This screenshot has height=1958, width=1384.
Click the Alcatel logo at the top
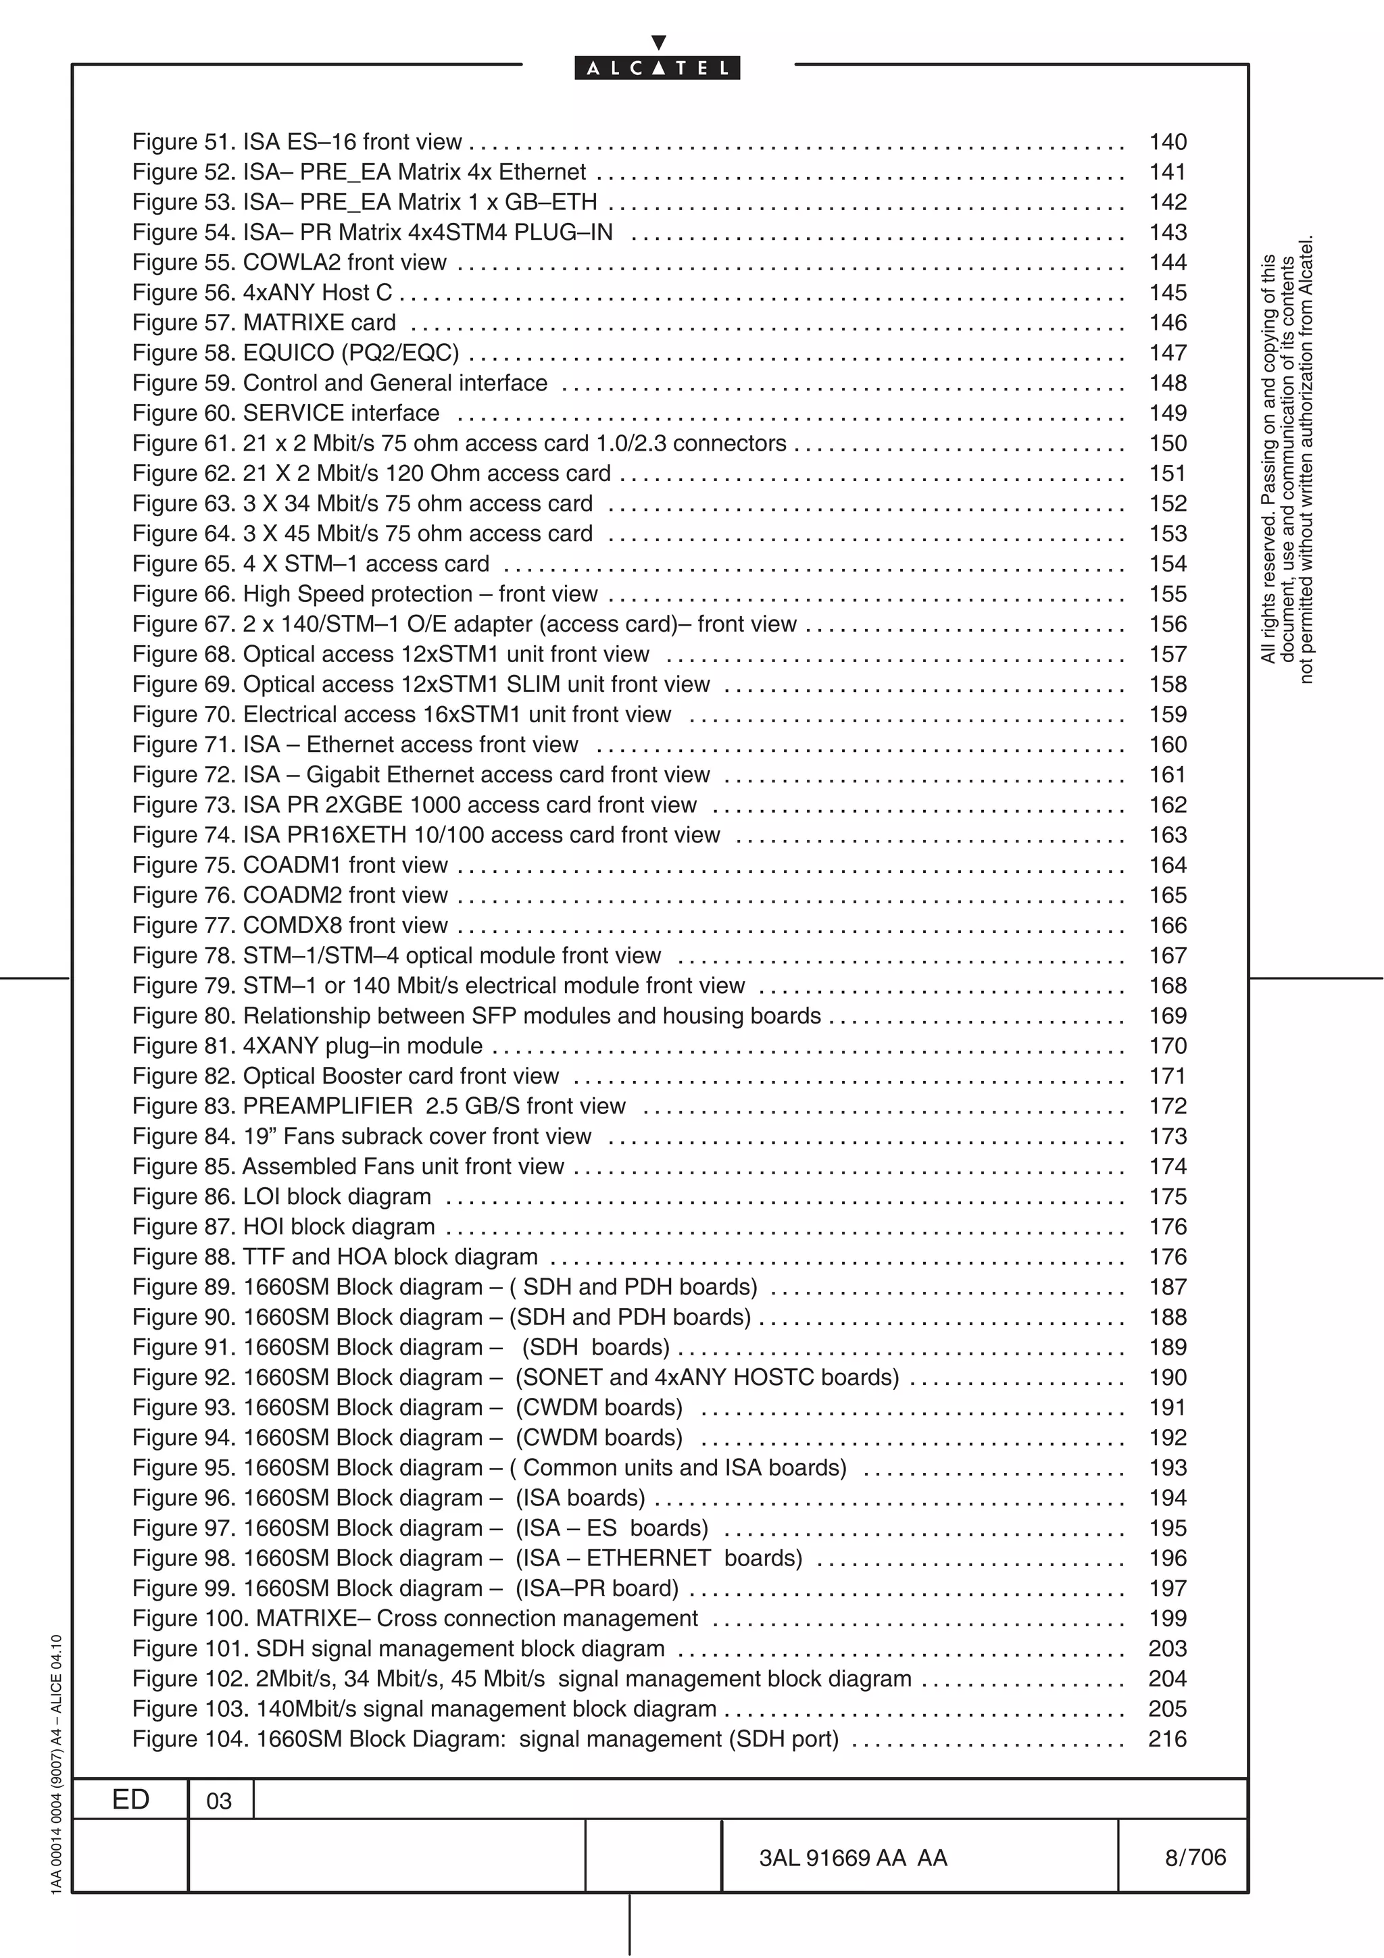tap(657, 68)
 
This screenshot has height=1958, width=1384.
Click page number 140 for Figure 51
tap(1167, 143)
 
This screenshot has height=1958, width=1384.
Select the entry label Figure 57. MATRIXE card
tap(264, 323)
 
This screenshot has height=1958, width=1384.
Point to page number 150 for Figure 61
tap(1167, 443)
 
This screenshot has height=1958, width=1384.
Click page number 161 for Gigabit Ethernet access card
tap(1167, 775)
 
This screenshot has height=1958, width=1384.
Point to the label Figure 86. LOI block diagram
tap(281, 1197)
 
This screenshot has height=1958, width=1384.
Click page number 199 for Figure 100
tap(1167, 1620)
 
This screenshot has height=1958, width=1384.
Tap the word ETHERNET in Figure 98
tap(648, 1559)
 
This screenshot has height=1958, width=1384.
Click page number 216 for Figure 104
tap(1167, 1740)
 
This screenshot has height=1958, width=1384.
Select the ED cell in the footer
tap(130, 1800)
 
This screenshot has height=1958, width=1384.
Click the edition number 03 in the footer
tap(219, 1802)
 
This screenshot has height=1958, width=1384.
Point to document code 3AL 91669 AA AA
tap(853, 1858)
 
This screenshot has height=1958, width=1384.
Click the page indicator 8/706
tap(1195, 1857)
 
